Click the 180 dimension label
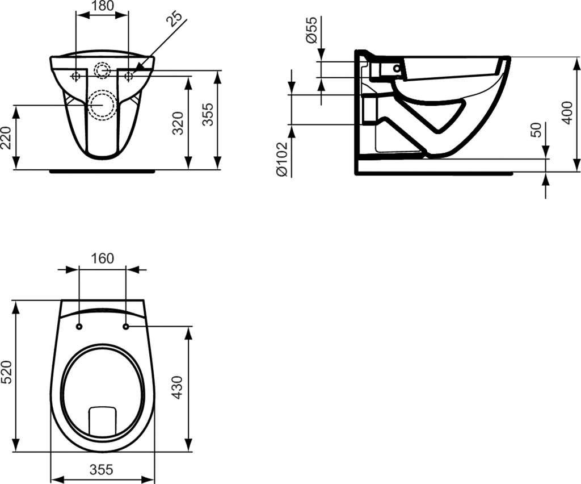(x=103, y=6)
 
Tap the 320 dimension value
(x=178, y=123)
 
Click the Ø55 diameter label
(x=311, y=30)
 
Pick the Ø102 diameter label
(x=281, y=158)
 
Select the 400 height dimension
(x=567, y=112)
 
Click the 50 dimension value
(x=536, y=130)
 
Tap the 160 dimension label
(x=102, y=258)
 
